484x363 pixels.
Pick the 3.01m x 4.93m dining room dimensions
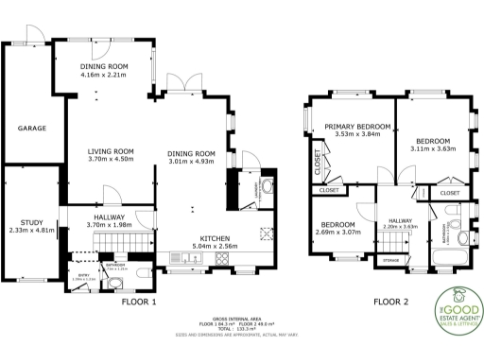(x=192, y=162)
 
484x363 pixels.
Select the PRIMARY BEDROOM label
(x=351, y=126)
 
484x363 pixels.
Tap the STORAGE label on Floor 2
(x=390, y=258)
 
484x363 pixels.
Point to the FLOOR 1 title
(x=139, y=302)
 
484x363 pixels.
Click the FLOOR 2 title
(x=390, y=302)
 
